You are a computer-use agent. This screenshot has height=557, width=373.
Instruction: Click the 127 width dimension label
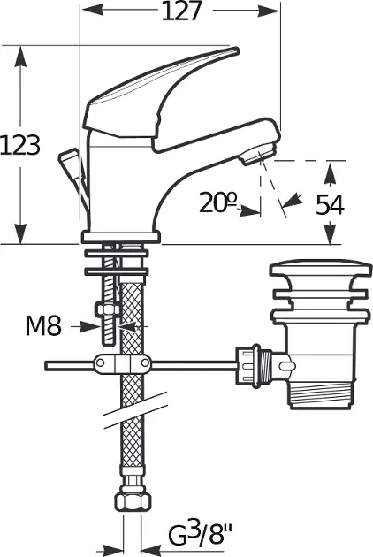[x=181, y=11]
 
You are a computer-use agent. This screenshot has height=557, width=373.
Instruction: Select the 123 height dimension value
[x=20, y=145]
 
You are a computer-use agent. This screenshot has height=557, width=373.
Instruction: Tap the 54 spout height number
[x=330, y=204]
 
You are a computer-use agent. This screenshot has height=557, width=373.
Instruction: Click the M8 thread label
[x=43, y=325]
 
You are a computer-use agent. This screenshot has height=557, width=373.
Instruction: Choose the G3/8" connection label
[x=200, y=535]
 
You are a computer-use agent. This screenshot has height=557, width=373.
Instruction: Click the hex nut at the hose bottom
[x=133, y=502]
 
